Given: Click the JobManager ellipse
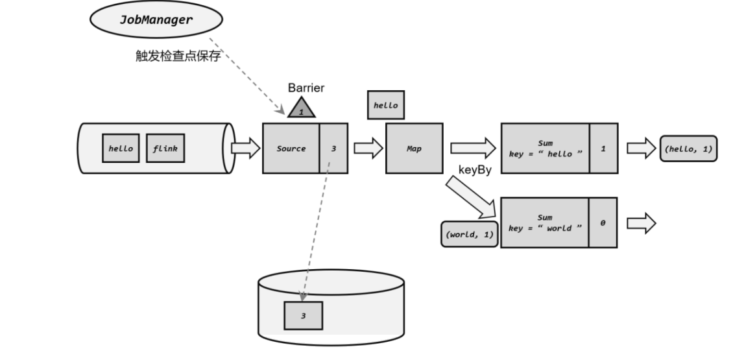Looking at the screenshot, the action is (x=156, y=19).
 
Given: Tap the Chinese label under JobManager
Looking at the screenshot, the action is (x=178, y=56).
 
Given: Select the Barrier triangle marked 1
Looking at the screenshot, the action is (x=301, y=108).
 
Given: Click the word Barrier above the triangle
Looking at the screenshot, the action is (x=306, y=88).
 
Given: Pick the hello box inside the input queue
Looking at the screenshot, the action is (x=121, y=149).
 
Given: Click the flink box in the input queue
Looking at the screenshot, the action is (x=165, y=149).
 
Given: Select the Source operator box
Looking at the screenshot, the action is (x=291, y=149).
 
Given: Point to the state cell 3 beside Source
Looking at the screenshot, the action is (x=333, y=149).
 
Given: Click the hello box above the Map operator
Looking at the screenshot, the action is (x=386, y=105).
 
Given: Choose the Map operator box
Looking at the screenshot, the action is (x=415, y=149).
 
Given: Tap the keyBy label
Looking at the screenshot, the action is (x=475, y=170).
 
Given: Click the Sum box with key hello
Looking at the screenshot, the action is (x=545, y=149).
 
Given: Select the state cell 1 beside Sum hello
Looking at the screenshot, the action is (x=604, y=149).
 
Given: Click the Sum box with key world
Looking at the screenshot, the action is (x=545, y=222).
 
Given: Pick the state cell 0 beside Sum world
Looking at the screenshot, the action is (x=603, y=222).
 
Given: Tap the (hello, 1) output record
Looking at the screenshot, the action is (x=688, y=149).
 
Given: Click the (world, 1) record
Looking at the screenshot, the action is (x=470, y=234).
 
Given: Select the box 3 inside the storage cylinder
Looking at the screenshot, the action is (x=304, y=316).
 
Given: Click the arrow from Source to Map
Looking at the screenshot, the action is (x=368, y=149).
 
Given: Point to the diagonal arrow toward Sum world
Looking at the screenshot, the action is (x=471, y=197).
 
